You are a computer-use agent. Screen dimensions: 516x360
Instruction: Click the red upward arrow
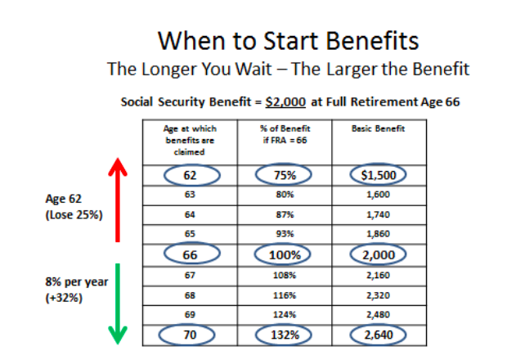[118, 200]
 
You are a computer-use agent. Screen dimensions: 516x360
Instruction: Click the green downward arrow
[118, 304]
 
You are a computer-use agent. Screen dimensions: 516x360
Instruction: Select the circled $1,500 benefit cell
[378, 175]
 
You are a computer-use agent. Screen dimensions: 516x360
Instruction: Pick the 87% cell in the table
[285, 214]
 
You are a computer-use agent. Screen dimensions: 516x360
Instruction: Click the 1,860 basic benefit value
[378, 234]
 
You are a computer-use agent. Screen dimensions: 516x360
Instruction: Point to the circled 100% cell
[283, 254]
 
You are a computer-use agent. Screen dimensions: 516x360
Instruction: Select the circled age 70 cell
[186, 335]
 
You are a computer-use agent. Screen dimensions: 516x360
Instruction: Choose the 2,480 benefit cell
[378, 314]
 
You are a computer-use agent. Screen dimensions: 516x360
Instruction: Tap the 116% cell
[285, 295]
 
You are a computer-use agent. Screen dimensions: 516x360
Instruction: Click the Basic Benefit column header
[378, 128]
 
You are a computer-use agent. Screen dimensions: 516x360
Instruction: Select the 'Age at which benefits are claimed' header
[190, 140]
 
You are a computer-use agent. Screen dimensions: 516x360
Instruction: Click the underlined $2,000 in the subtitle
[285, 101]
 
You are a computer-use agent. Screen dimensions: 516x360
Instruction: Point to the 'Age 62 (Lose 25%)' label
[74, 206]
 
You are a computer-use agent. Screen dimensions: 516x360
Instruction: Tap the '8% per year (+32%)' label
[76, 290]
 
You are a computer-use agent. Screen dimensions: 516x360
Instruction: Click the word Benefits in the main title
[372, 41]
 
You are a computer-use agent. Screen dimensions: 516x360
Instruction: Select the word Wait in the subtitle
[254, 70]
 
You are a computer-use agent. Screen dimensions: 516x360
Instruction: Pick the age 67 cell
[190, 275]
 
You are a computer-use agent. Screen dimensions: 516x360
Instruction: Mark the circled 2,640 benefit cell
[378, 335]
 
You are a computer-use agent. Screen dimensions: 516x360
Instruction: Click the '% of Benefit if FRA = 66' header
[285, 134]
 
